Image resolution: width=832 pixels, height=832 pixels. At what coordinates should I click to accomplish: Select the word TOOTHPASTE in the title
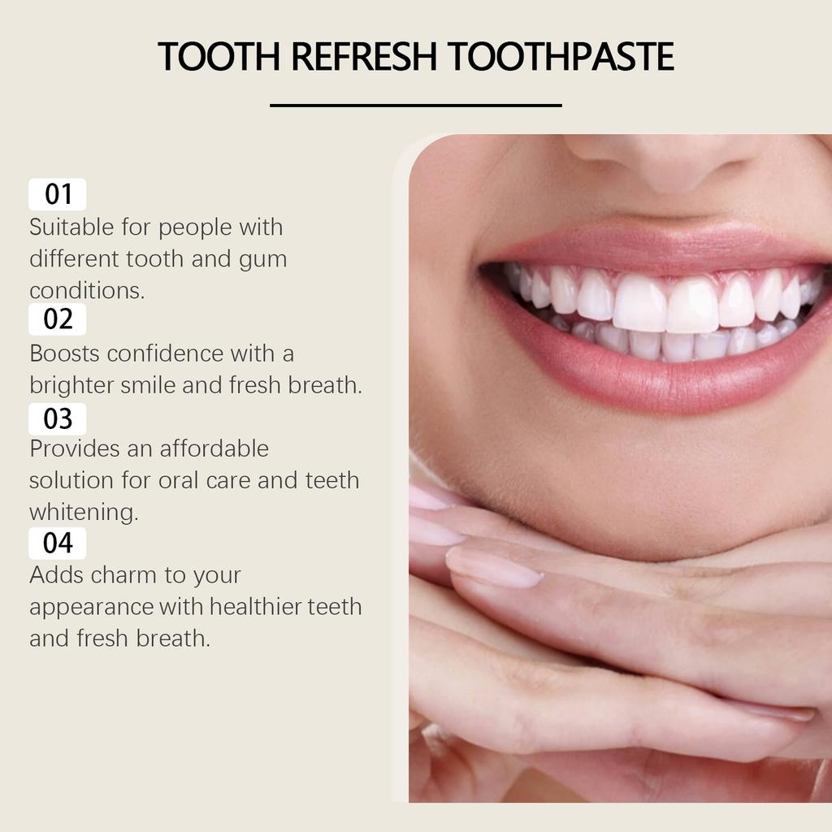[x=561, y=57]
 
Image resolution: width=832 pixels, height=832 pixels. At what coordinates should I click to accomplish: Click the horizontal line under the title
[x=415, y=105]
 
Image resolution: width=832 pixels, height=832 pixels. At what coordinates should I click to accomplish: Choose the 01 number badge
[x=58, y=194]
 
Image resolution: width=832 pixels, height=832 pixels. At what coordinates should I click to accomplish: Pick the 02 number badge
[x=58, y=319]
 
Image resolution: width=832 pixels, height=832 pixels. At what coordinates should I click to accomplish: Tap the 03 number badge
[x=58, y=419]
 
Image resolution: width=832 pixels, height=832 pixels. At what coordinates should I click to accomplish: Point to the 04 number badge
[x=58, y=543]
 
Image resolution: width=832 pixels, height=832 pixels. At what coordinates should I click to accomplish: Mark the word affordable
[x=214, y=448]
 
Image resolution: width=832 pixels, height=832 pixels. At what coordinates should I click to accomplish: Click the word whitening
[x=83, y=513]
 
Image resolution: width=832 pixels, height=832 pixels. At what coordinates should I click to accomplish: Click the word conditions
[x=87, y=291]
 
